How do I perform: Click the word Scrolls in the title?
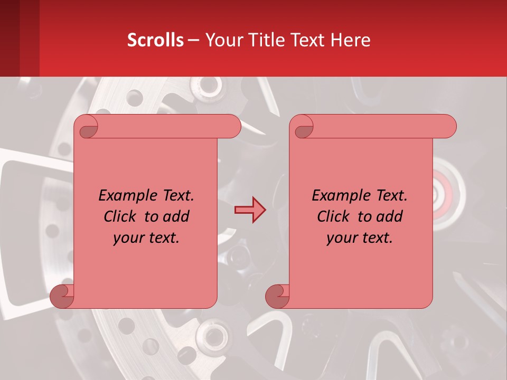tap(156, 40)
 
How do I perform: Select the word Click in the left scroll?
tap(121, 216)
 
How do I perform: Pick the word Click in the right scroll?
tap(335, 216)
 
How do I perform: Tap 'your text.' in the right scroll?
tap(360, 238)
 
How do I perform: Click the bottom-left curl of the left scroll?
tap(62, 296)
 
